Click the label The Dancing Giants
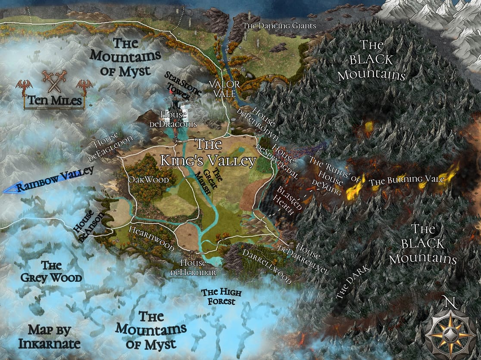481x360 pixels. pos(279,26)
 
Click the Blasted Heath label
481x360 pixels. pos(284,200)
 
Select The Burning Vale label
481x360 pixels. pos(406,181)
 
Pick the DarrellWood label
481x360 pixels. pos(265,266)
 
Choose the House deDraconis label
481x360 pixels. pos(173,119)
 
